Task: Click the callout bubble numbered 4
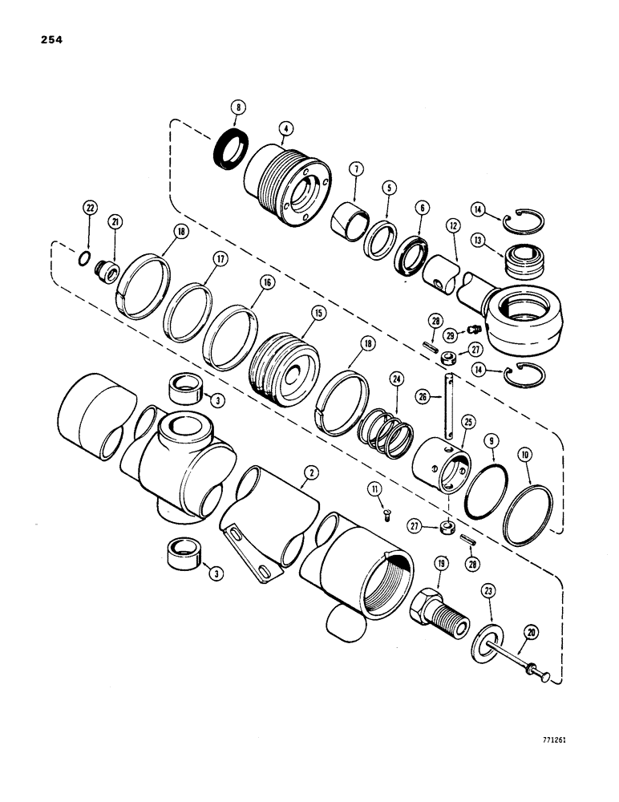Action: pyautogui.click(x=285, y=127)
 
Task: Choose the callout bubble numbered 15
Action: pyautogui.click(x=296, y=314)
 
